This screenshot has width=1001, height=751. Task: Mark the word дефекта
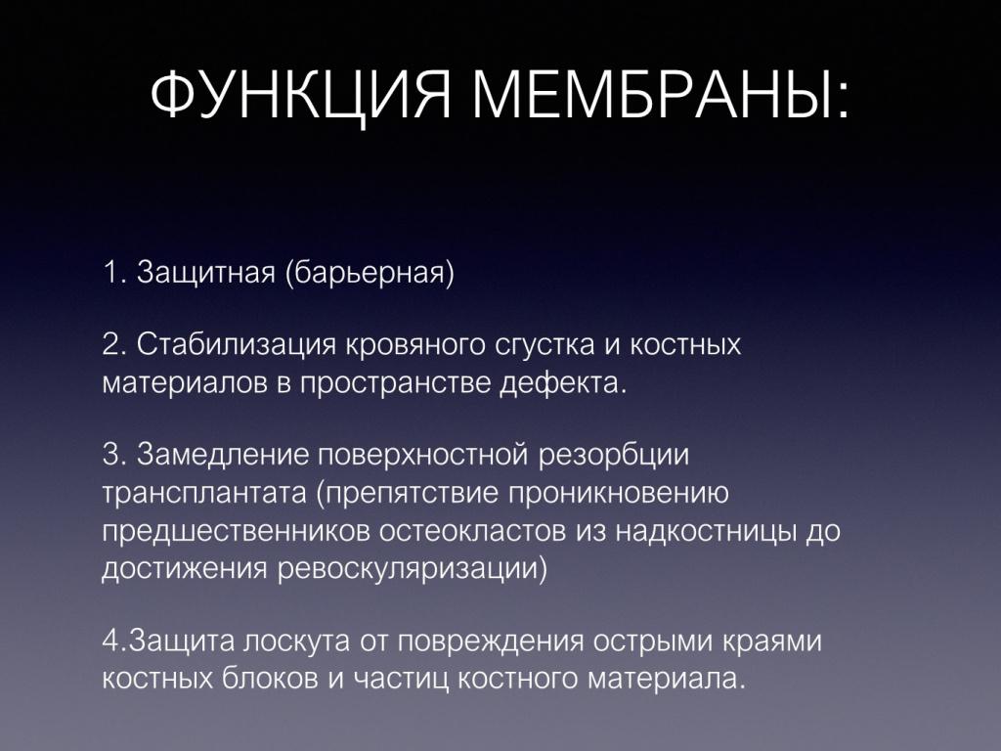578,382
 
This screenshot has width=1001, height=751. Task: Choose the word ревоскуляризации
413,568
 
